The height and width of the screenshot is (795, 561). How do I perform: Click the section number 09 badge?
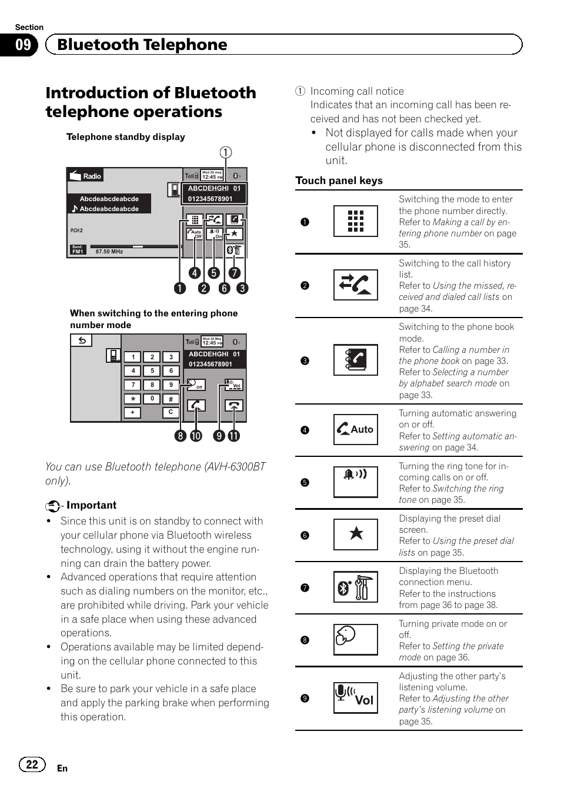pos(22,45)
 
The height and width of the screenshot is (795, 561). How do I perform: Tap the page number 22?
pos(32,764)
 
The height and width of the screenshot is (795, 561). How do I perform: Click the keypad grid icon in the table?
pos(355,221)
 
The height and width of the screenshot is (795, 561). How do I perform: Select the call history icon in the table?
pos(355,285)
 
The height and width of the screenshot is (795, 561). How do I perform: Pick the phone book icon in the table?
pos(355,360)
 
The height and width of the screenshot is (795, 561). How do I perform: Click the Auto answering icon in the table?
pos(355,429)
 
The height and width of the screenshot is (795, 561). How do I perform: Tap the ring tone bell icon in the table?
pos(355,481)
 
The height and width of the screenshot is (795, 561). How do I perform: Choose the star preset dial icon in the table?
pos(355,534)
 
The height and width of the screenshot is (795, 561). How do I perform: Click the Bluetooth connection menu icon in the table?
pos(355,587)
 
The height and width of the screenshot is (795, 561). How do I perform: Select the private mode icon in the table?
pos(355,639)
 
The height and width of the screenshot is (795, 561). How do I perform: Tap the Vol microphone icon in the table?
pos(355,697)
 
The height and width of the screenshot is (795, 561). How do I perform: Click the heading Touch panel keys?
pos(339,181)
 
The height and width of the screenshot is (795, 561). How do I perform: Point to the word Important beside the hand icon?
pos(91,505)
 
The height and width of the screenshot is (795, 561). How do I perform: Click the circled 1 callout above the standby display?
pos(225,153)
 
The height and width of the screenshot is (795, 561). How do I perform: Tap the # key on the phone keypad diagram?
pos(171,399)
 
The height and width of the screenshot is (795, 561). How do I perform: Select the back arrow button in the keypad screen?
pos(82,340)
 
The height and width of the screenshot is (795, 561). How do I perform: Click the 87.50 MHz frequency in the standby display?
pos(109,252)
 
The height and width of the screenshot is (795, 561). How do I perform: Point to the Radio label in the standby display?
pos(92,176)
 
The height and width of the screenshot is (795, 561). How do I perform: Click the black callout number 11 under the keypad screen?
pos(234,436)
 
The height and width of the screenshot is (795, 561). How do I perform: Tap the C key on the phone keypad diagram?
pos(171,412)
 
